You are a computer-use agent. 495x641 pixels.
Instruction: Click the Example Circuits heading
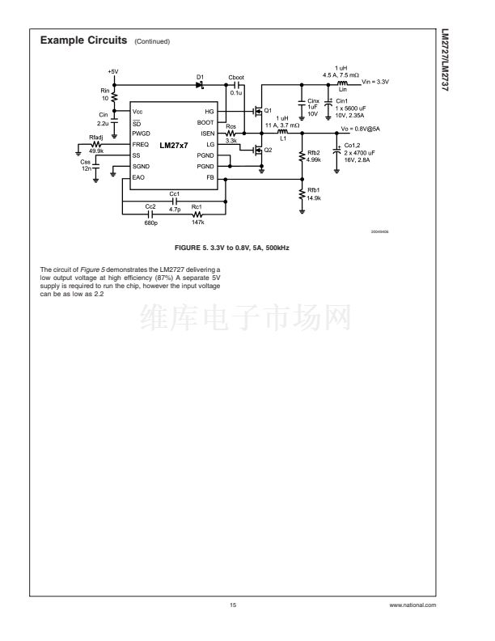tap(83, 40)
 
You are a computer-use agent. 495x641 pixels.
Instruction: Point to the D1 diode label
tap(199, 77)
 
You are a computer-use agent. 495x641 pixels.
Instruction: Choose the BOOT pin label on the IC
tap(205, 121)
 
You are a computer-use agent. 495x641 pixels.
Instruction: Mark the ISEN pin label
tap(207, 133)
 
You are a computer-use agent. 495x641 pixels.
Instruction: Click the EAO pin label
tap(138, 176)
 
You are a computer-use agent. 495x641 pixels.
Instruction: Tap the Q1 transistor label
tap(269, 111)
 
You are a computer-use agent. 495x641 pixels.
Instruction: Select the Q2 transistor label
tap(269, 150)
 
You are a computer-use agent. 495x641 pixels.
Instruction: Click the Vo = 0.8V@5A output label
tap(360, 129)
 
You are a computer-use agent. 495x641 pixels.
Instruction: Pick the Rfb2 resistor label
tap(314, 152)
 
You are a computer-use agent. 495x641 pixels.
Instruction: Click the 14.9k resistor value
tap(314, 198)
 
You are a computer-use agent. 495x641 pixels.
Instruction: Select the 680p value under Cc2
tap(150, 221)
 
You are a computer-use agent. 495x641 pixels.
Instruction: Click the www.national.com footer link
tap(412, 605)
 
